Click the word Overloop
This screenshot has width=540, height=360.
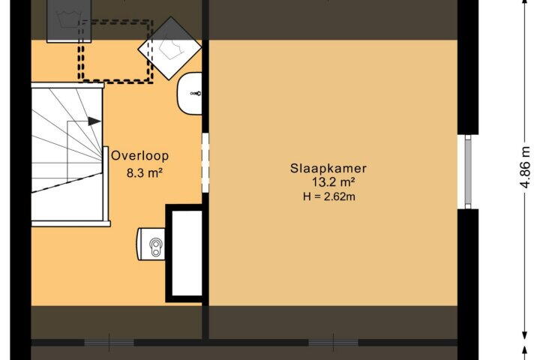(x=139, y=156)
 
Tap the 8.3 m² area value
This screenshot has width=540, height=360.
(x=144, y=172)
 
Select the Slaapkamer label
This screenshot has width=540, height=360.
(x=328, y=169)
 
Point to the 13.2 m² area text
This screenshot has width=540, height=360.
(x=333, y=181)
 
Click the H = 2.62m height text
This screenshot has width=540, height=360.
(x=329, y=196)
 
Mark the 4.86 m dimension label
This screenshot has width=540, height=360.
(x=524, y=167)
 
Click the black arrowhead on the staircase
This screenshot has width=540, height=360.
(x=94, y=121)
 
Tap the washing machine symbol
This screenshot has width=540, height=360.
(x=69, y=21)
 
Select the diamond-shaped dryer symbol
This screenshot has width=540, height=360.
(x=169, y=48)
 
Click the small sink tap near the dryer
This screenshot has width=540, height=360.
(x=196, y=93)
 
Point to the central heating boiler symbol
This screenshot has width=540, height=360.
(x=151, y=244)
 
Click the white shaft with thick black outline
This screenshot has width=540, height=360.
(x=184, y=253)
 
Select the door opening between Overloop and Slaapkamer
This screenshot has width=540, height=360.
(x=205, y=163)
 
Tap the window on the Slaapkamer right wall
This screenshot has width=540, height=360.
(x=468, y=172)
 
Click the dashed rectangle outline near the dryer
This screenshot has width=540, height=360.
(x=115, y=51)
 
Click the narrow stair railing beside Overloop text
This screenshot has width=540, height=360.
(x=106, y=184)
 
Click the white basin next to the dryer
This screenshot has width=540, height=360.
(x=190, y=93)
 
